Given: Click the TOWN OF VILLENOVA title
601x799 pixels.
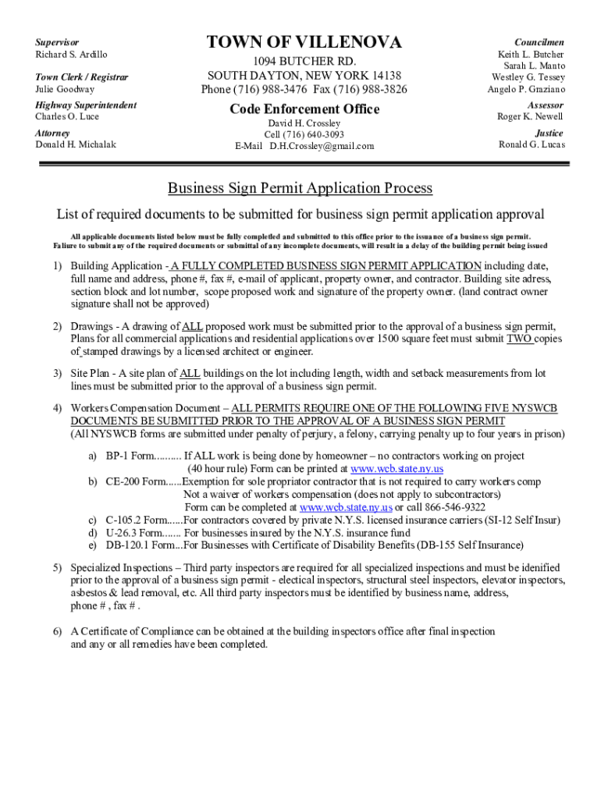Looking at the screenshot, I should click(304, 42).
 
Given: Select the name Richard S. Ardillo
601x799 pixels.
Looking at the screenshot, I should click(71, 55).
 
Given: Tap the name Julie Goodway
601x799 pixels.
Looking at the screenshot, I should click(64, 90).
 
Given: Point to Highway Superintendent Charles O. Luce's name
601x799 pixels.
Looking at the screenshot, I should click(67, 117).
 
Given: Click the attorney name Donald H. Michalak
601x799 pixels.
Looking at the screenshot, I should click(75, 144).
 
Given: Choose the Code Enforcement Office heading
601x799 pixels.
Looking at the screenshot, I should click(304, 109).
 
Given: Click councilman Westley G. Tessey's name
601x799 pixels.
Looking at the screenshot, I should click(528, 77).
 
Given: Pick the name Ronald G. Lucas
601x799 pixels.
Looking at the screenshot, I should click(532, 144).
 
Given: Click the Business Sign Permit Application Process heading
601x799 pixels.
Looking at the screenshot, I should click(300, 188).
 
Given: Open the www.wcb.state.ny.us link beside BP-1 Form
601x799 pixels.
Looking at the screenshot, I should click(397, 469).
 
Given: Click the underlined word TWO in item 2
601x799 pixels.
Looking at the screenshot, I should click(519, 339).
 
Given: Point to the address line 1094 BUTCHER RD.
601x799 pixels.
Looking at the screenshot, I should click(304, 62).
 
